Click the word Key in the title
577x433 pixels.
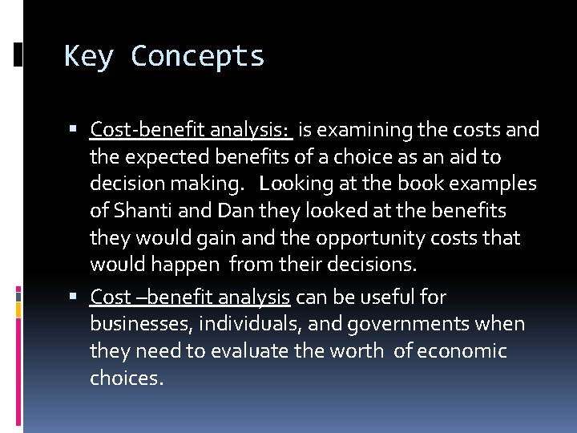click(x=90, y=57)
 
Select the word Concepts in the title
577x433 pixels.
click(x=197, y=57)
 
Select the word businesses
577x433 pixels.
click(x=140, y=325)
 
